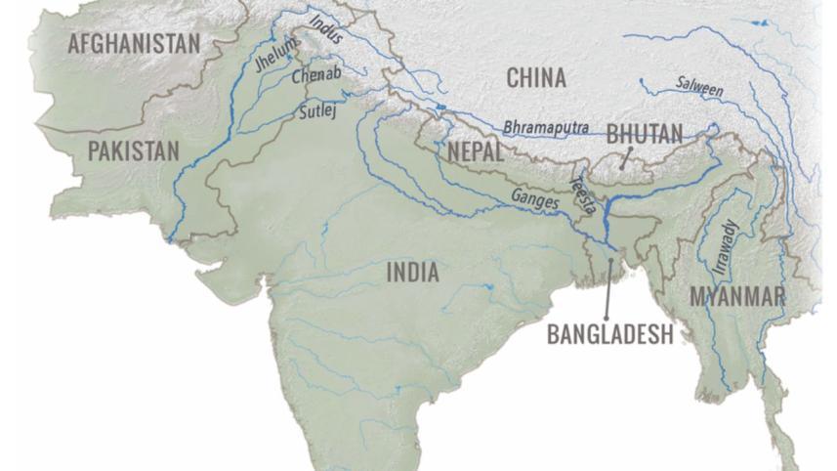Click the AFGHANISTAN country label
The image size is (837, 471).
click(x=134, y=43)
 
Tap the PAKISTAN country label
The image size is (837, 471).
click(x=133, y=150)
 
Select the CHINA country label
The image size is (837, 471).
click(x=535, y=78)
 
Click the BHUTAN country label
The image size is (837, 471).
click(x=644, y=134)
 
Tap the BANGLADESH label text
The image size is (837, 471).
click(x=609, y=334)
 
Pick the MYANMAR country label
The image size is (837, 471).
click(x=737, y=296)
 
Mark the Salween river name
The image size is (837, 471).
click(x=700, y=87)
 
